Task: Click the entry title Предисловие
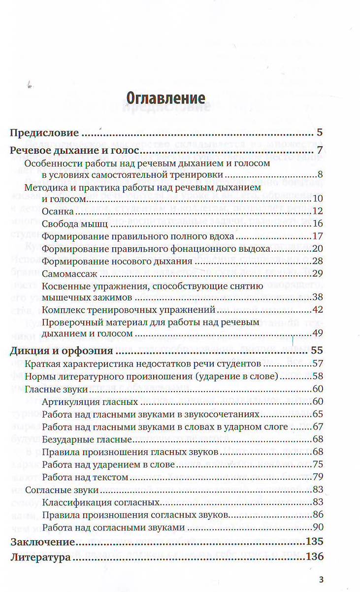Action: pos(45,133)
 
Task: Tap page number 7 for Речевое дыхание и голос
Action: pos(320,150)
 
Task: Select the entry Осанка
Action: pos(58,211)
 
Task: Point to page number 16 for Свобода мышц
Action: pos(317,224)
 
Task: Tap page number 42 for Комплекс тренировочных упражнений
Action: pos(317,310)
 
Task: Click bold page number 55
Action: pos(317,351)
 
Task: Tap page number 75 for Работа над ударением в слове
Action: pos(317,464)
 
